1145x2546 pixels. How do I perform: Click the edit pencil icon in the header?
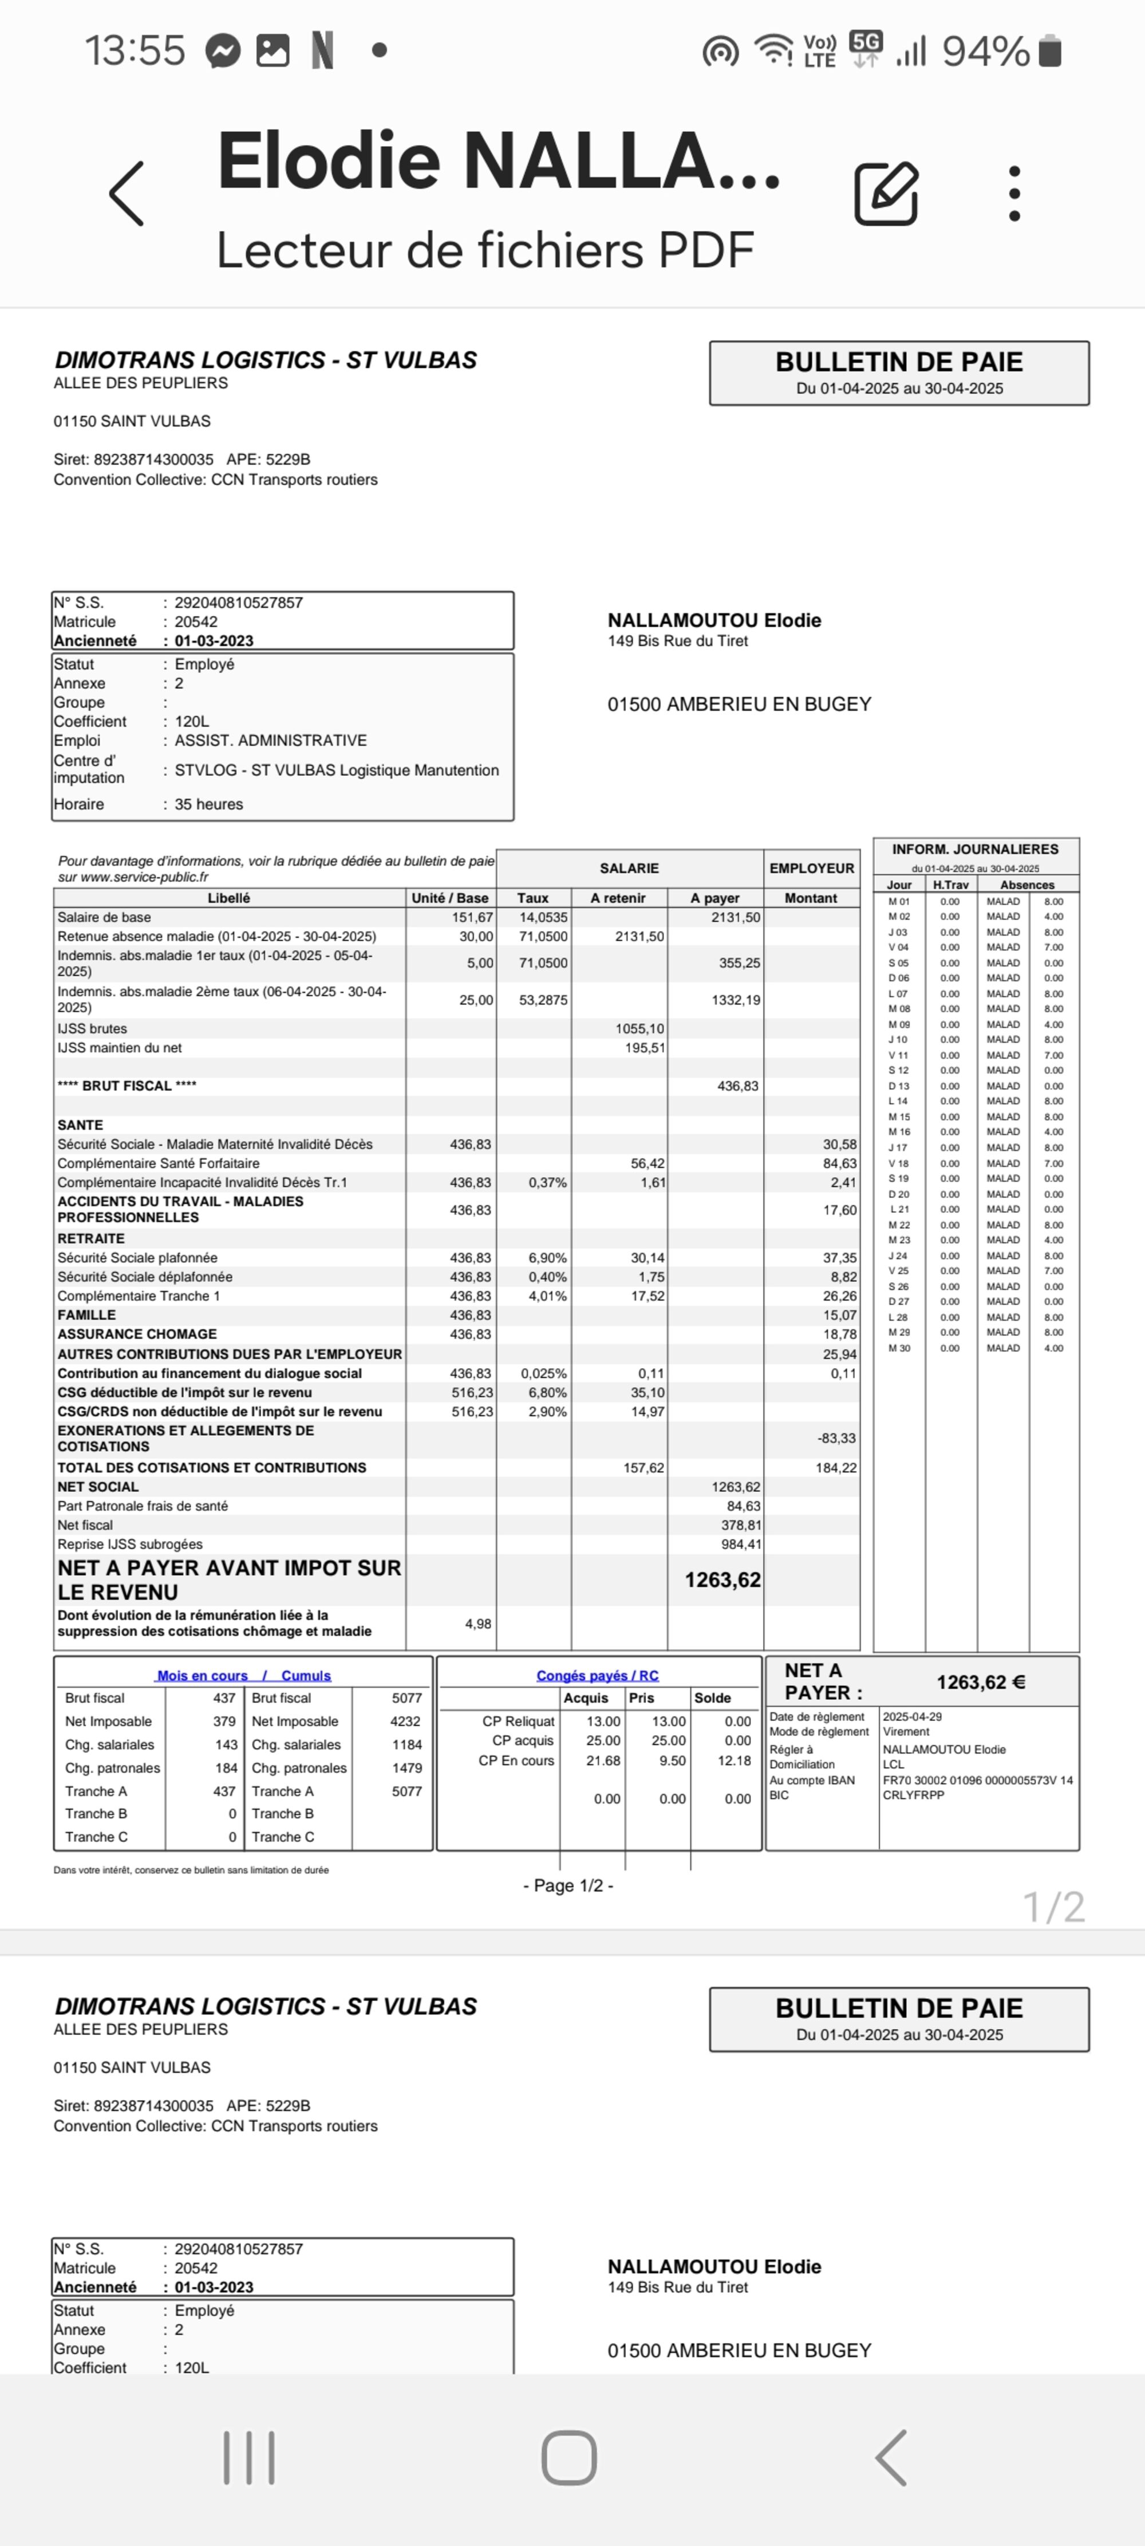point(886,194)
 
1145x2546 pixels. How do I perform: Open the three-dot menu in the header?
point(1013,194)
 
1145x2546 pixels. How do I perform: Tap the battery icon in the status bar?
point(1050,50)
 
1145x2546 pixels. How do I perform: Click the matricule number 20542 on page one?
point(196,622)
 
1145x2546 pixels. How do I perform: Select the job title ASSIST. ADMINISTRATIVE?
point(271,740)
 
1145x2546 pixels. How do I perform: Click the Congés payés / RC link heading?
point(597,1675)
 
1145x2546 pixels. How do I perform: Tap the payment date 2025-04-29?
point(912,1717)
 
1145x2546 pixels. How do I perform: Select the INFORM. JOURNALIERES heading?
point(974,849)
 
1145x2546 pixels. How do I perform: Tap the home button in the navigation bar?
point(569,2457)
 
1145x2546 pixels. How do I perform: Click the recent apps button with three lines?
point(249,2457)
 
